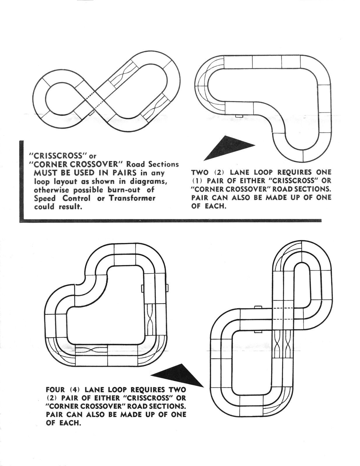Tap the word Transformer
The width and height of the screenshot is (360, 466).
pos(132,198)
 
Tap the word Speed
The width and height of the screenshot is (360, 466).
pos(45,198)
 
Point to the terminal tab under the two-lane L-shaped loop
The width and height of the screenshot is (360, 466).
pos(239,116)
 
